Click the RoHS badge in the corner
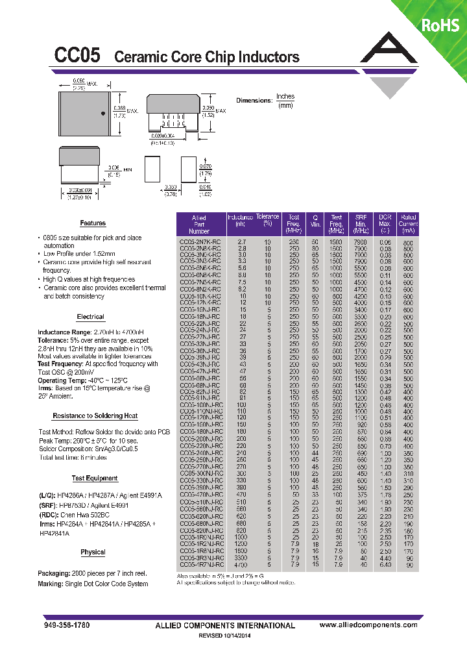click(x=440, y=25)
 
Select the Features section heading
click(x=93, y=223)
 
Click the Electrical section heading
click(x=90, y=317)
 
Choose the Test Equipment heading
click(x=95, y=478)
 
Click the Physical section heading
click(x=93, y=552)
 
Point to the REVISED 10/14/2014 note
click(x=225, y=636)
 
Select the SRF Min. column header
click(x=361, y=224)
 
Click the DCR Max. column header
click(x=385, y=224)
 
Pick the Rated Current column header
click(x=408, y=224)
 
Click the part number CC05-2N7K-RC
click(x=200, y=242)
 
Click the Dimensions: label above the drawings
click(x=254, y=101)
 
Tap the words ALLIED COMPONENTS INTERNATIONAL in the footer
click(x=225, y=625)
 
